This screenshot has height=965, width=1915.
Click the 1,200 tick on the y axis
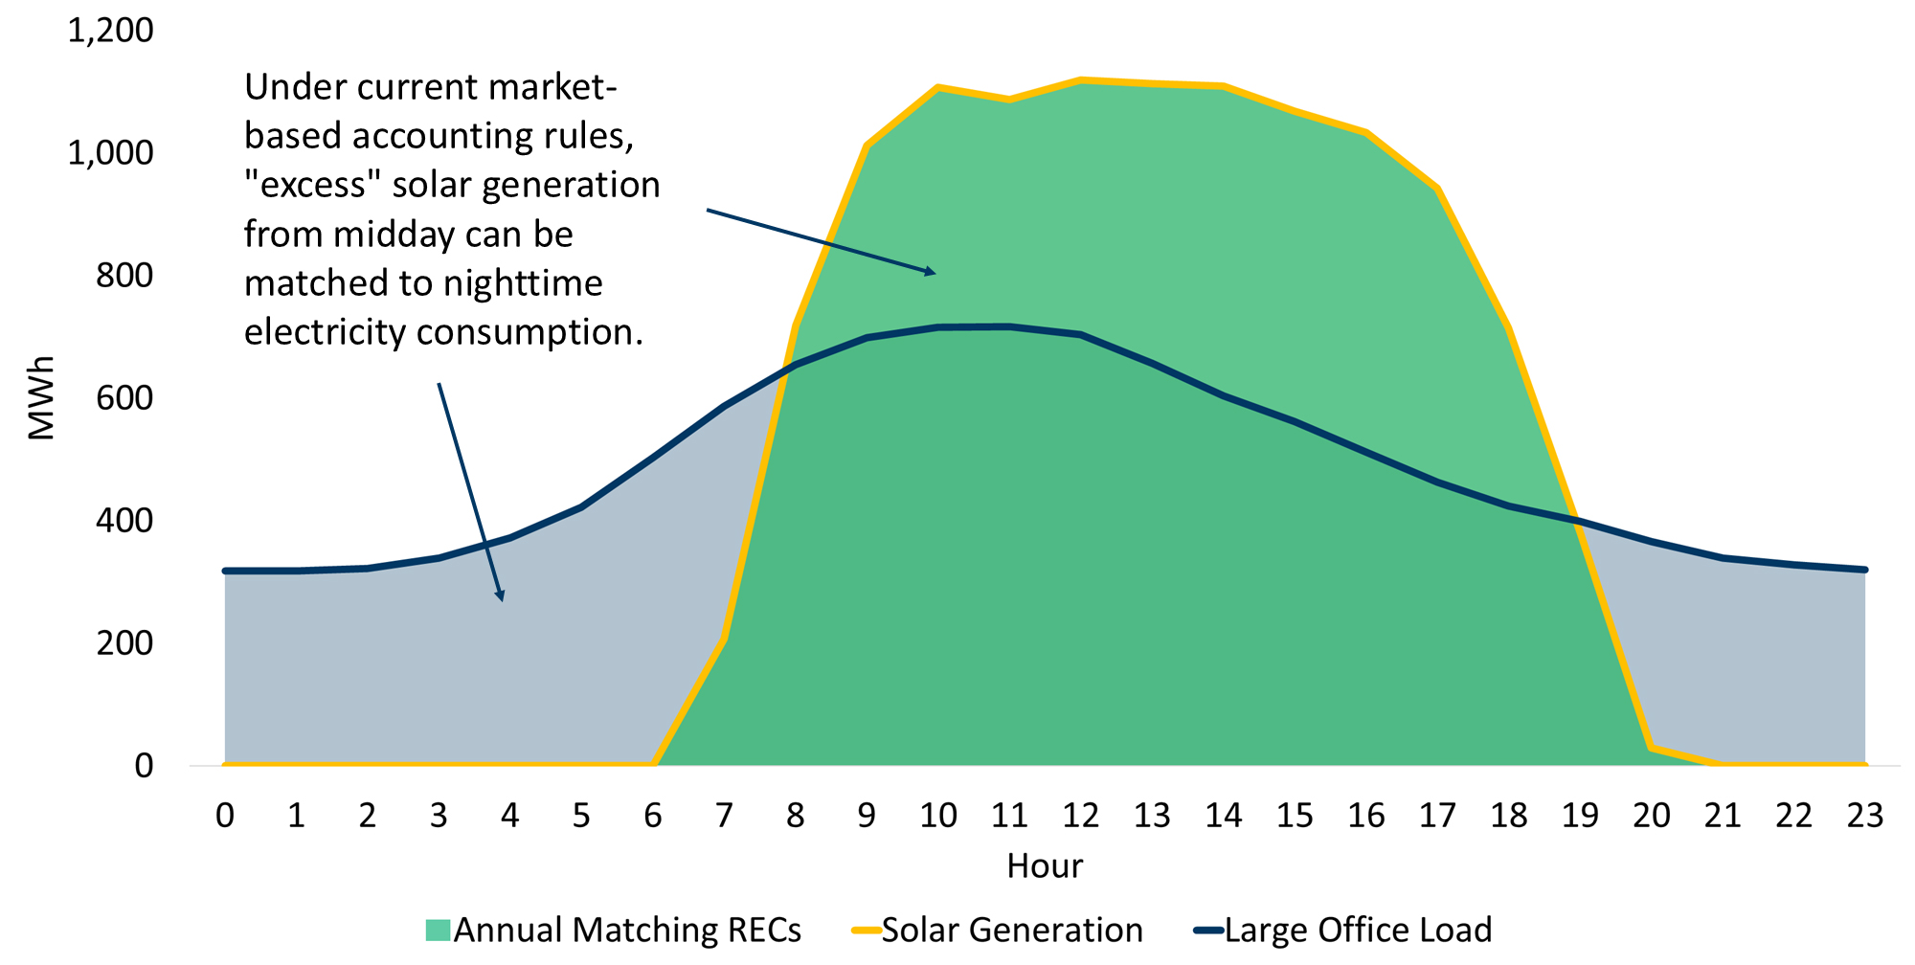click(109, 30)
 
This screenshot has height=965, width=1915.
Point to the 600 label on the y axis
click(124, 397)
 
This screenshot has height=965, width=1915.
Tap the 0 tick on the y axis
click(144, 765)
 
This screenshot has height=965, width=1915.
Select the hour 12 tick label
click(1080, 815)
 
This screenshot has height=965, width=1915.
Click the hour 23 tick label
click(1864, 815)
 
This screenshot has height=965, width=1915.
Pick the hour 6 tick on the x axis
click(653, 815)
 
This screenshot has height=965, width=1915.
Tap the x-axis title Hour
click(1044, 865)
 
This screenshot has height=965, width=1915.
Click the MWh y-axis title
click(41, 397)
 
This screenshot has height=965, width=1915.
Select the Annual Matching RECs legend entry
click(614, 930)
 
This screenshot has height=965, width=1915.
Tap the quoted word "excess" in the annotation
click(313, 185)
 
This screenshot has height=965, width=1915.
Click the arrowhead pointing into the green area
click(931, 273)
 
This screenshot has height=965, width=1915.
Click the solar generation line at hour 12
click(1080, 80)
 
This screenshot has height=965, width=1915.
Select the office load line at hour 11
click(1009, 327)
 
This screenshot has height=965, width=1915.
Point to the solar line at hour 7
click(725, 639)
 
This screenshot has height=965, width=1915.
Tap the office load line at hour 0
click(226, 571)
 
